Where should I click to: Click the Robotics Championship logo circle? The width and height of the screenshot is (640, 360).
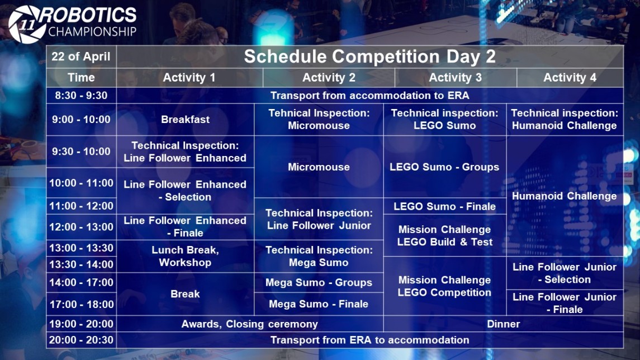[x=27, y=24]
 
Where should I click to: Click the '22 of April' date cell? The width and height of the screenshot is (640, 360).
[x=81, y=56]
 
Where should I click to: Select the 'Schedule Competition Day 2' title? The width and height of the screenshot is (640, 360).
[x=370, y=56]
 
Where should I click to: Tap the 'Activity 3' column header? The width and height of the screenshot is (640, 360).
[x=456, y=78]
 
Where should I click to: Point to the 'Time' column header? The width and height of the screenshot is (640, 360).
[x=81, y=78]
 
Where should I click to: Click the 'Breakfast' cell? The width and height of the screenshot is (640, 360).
[x=186, y=120]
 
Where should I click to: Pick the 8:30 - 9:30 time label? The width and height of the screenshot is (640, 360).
[x=81, y=96]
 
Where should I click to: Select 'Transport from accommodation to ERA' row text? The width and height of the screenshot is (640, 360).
[x=370, y=96]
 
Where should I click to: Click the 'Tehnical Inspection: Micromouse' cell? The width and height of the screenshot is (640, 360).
[x=319, y=120]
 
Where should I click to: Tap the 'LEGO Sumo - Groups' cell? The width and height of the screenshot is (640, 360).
[x=444, y=167]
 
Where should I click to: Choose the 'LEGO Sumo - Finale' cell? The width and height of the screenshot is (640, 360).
[x=444, y=206]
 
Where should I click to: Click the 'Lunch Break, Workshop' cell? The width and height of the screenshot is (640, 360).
[x=186, y=257]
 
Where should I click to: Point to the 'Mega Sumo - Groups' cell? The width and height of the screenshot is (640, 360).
[x=319, y=282]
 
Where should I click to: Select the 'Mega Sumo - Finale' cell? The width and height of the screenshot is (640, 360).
[x=319, y=304]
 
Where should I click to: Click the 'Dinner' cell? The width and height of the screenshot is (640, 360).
[x=504, y=324]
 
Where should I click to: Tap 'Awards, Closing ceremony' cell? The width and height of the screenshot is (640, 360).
[x=250, y=324]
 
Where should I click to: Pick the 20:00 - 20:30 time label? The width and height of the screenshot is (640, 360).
[x=81, y=340]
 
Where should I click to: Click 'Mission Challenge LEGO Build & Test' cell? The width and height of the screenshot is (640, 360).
[x=444, y=235]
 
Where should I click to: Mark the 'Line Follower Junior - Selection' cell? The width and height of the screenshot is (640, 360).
[x=565, y=273]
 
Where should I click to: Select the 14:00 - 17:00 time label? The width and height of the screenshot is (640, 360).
[x=81, y=282]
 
